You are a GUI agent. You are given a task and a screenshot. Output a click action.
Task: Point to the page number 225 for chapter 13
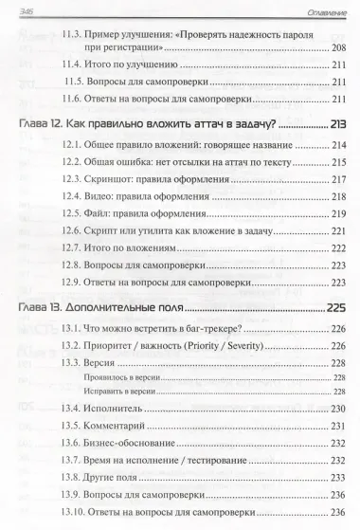coord(334,307)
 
